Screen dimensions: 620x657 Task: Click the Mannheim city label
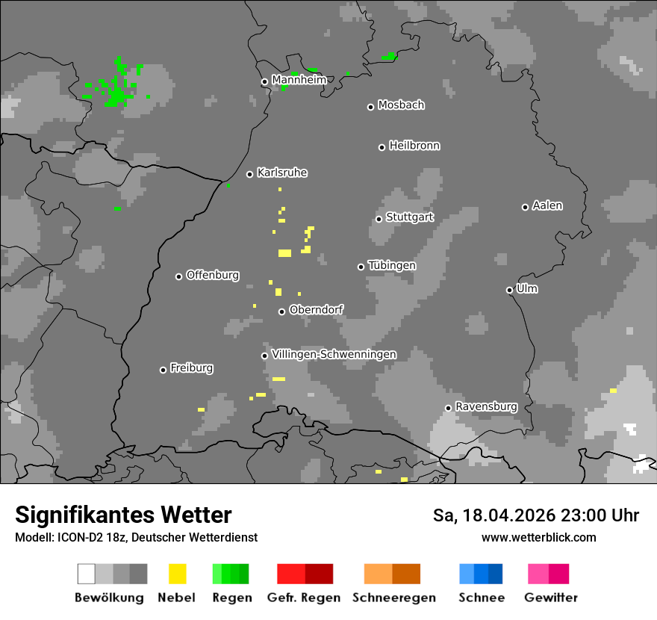point(299,80)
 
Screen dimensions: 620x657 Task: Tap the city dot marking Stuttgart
point(379,219)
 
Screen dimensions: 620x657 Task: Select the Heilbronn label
point(414,146)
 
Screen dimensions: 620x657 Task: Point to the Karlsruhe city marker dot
point(250,174)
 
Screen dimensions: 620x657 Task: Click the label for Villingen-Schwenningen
point(334,354)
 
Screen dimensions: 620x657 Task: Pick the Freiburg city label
point(191,368)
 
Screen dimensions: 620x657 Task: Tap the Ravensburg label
point(486,406)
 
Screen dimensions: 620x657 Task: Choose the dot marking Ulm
point(510,290)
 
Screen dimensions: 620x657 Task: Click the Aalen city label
point(547,205)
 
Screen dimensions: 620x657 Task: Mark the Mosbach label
point(401,105)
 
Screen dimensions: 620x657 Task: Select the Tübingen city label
point(392,266)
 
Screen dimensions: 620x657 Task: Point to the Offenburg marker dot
point(179,276)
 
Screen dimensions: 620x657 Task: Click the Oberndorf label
point(316,310)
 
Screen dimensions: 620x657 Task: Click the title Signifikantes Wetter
point(123,515)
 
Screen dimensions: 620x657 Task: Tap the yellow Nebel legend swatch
point(178,574)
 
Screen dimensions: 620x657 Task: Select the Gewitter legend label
point(551,598)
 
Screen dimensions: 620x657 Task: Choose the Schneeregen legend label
point(393,598)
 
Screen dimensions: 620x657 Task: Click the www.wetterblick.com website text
point(538,537)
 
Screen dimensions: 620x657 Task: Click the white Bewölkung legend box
point(87,574)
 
